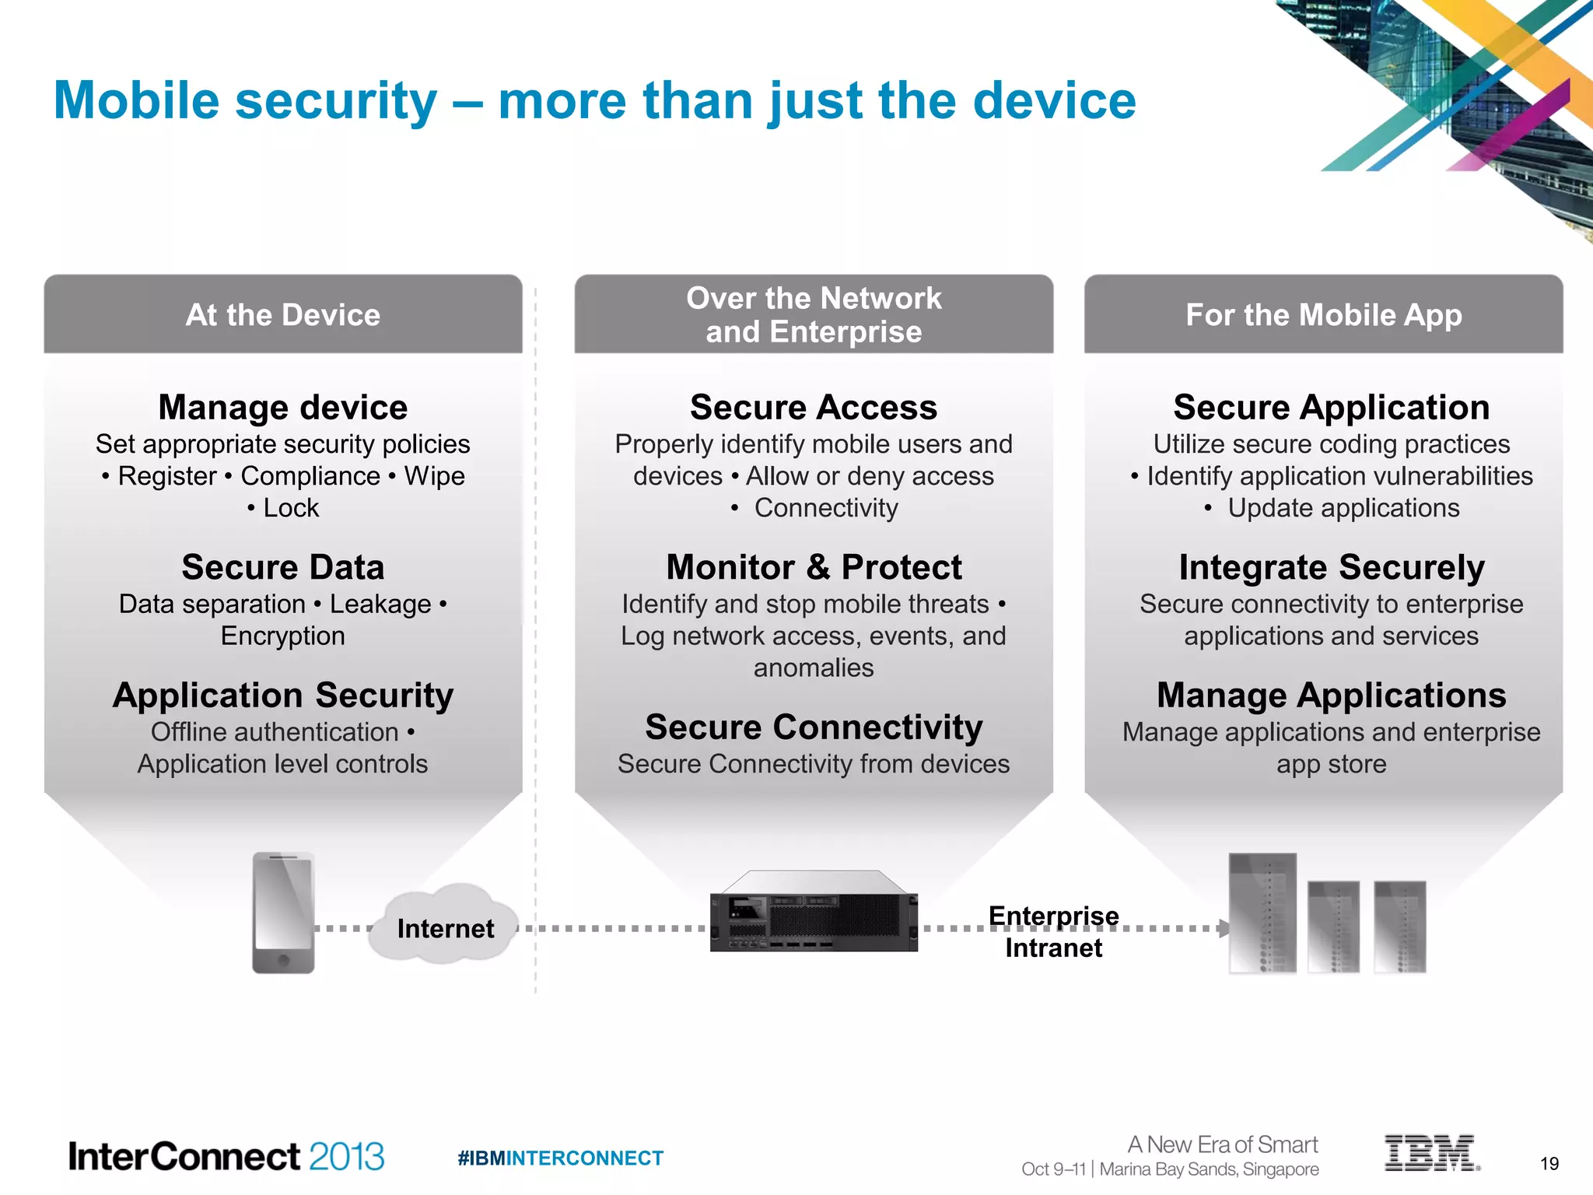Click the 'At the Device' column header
click(x=283, y=315)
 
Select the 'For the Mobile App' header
click(x=1323, y=315)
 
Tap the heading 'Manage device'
click(x=283, y=408)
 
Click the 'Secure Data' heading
click(x=283, y=567)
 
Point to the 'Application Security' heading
click(x=283, y=695)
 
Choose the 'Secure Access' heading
click(x=814, y=408)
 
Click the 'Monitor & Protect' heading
click(x=814, y=567)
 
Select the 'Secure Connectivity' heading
click(x=814, y=727)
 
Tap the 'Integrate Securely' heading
click(x=1332, y=567)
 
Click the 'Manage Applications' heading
click(x=1332, y=695)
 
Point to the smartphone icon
click(x=283, y=912)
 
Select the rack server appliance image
click(x=814, y=912)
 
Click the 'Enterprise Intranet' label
click(x=1053, y=931)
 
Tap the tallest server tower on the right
click(x=1262, y=913)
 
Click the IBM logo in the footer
click(x=1431, y=1153)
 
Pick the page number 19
click(x=1549, y=1163)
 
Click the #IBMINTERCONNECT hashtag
click(x=560, y=1158)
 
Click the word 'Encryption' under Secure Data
click(x=283, y=636)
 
